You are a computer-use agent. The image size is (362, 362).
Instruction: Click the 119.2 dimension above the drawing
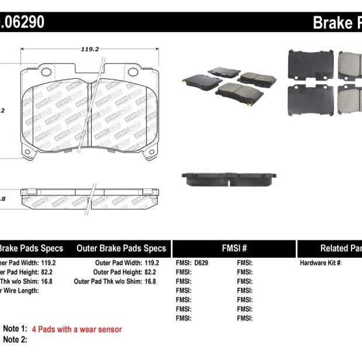click(89, 49)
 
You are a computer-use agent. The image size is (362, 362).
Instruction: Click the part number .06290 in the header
click(23, 23)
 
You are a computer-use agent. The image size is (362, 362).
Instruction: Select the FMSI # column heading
click(234, 248)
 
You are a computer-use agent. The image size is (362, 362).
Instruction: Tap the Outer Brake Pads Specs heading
click(122, 248)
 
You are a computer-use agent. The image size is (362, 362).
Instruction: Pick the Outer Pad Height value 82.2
click(150, 273)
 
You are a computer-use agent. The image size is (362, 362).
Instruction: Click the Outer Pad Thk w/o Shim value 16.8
click(150, 281)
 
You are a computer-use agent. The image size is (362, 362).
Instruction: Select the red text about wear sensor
click(77, 329)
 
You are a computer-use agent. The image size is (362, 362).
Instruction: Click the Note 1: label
click(15, 329)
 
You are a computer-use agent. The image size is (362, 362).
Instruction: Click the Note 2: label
click(15, 339)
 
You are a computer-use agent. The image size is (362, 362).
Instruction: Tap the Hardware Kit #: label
click(321, 263)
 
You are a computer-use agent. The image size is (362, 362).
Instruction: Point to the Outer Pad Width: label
click(117, 263)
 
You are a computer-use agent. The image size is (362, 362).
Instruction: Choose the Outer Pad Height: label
click(117, 273)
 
